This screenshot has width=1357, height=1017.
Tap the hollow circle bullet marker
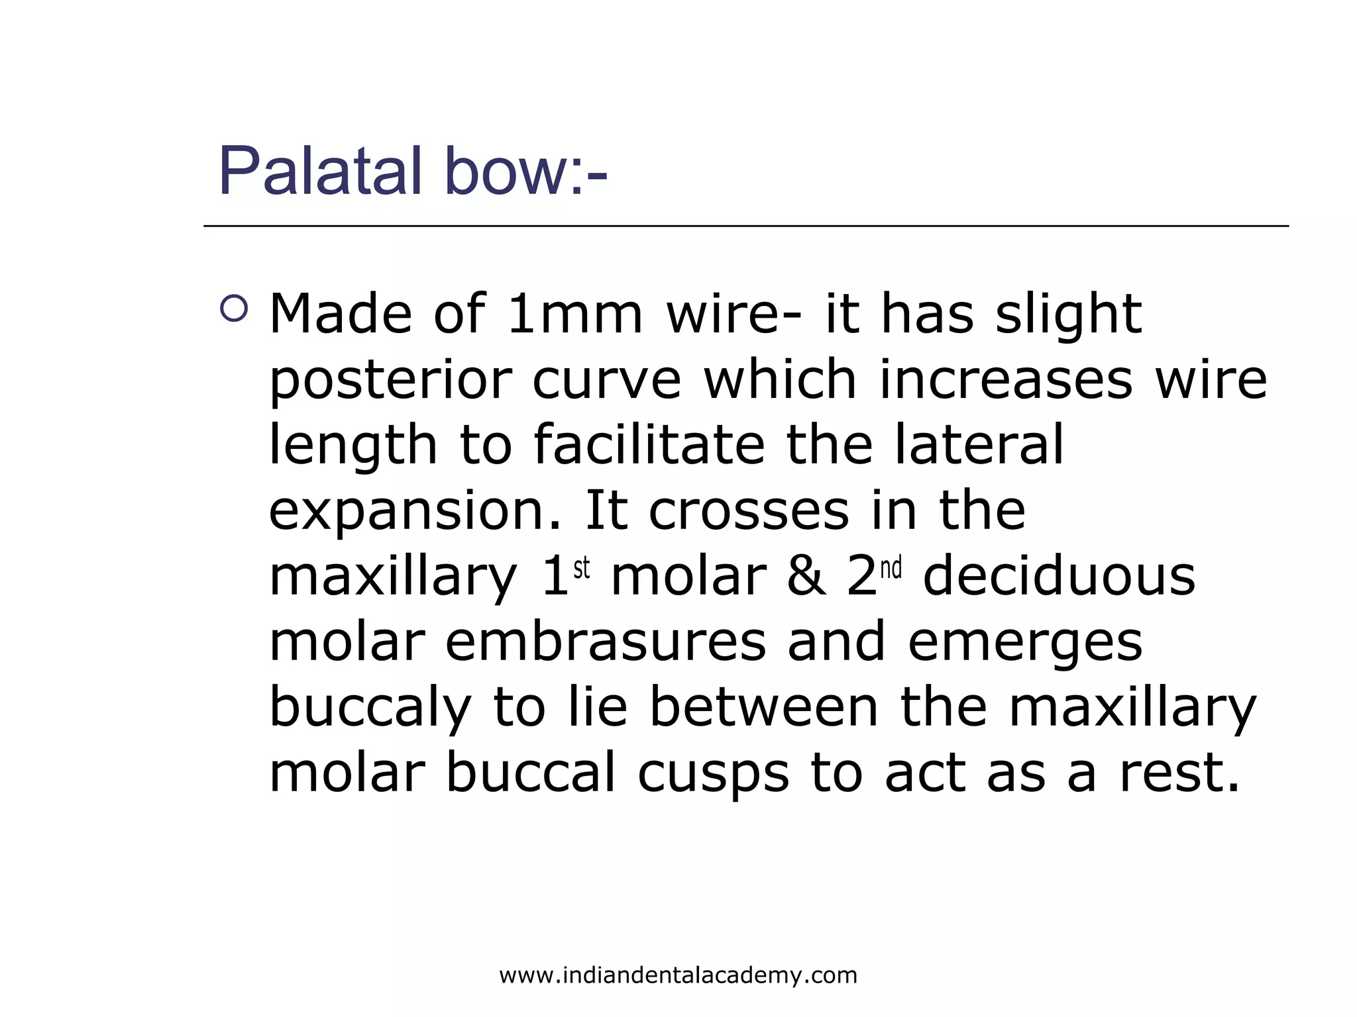(x=234, y=308)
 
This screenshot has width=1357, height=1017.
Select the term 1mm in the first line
(x=574, y=314)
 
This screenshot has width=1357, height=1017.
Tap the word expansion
(x=414, y=512)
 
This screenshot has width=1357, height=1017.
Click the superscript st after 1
(x=581, y=568)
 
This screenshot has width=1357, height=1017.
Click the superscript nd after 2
(x=891, y=568)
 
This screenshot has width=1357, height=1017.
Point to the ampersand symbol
(x=806, y=576)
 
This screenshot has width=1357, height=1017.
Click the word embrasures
(x=605, y=642)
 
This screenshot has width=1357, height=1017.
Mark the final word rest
(x=1179, y=773)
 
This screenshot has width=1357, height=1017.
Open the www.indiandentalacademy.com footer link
(x=678, y=975)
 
